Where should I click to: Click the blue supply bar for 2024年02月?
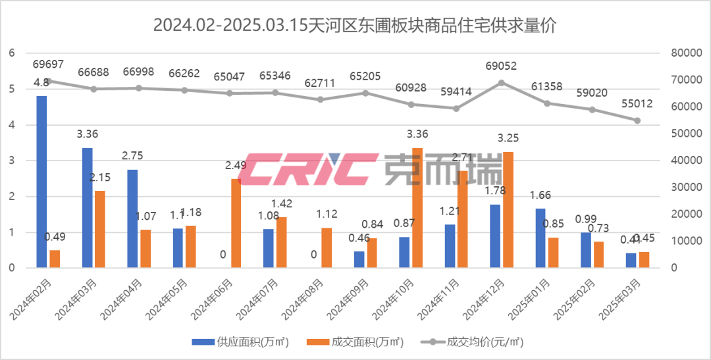pyautogui.click(x=41, y=182)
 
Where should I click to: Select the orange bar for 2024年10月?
pyautogui.click(x=417, y=208)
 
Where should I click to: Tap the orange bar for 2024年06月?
pyautogui.click(x=236, y=224)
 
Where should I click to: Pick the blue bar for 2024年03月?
pyautogui.click(x=87, y=208)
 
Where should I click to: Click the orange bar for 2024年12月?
pyautogui.click(x=508, y=210)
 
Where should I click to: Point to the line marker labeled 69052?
pyautogui.click(x=502, y=82)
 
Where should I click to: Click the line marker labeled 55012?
pyautogui.click(x=637, y=120)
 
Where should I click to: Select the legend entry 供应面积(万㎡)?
pyautogui.click(x=240, y=342)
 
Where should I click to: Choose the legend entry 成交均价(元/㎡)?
pyautogui.click(x=477, y=342)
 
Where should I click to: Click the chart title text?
pyautogui.click(x=355, y=26)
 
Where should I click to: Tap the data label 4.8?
pyautogui.click(x=41, y=83)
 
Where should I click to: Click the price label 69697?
pyautogui.click(x=48, y=64)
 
